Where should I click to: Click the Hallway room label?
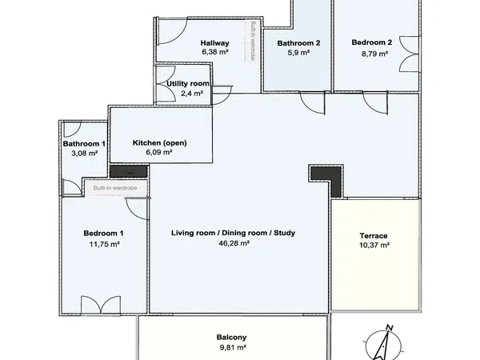tap(215, 43)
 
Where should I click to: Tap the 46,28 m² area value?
tap(234, 243)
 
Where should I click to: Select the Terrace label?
tap(374, 236)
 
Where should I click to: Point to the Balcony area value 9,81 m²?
tap(231, 347)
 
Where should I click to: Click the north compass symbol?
tap(383, 343)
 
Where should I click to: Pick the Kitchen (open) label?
tap(160, 143)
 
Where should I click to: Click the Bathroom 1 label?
tap(84, 143)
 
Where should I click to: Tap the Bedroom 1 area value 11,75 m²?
tap(104, 244)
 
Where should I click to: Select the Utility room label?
tap(188, 83)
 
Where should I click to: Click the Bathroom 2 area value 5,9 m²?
tap(298, 53)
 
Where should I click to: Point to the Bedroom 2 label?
tap(372, 42)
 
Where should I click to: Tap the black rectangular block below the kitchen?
tap(129, 171)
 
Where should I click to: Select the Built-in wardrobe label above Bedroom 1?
tap(115, 188)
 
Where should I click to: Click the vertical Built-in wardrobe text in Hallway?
tap(253, 41)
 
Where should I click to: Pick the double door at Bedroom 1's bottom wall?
tap(101, 305)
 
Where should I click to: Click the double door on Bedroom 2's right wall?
tap(409, 54)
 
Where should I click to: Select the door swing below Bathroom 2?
tap(312, 103)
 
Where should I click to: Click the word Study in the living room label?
tap(284, 233)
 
